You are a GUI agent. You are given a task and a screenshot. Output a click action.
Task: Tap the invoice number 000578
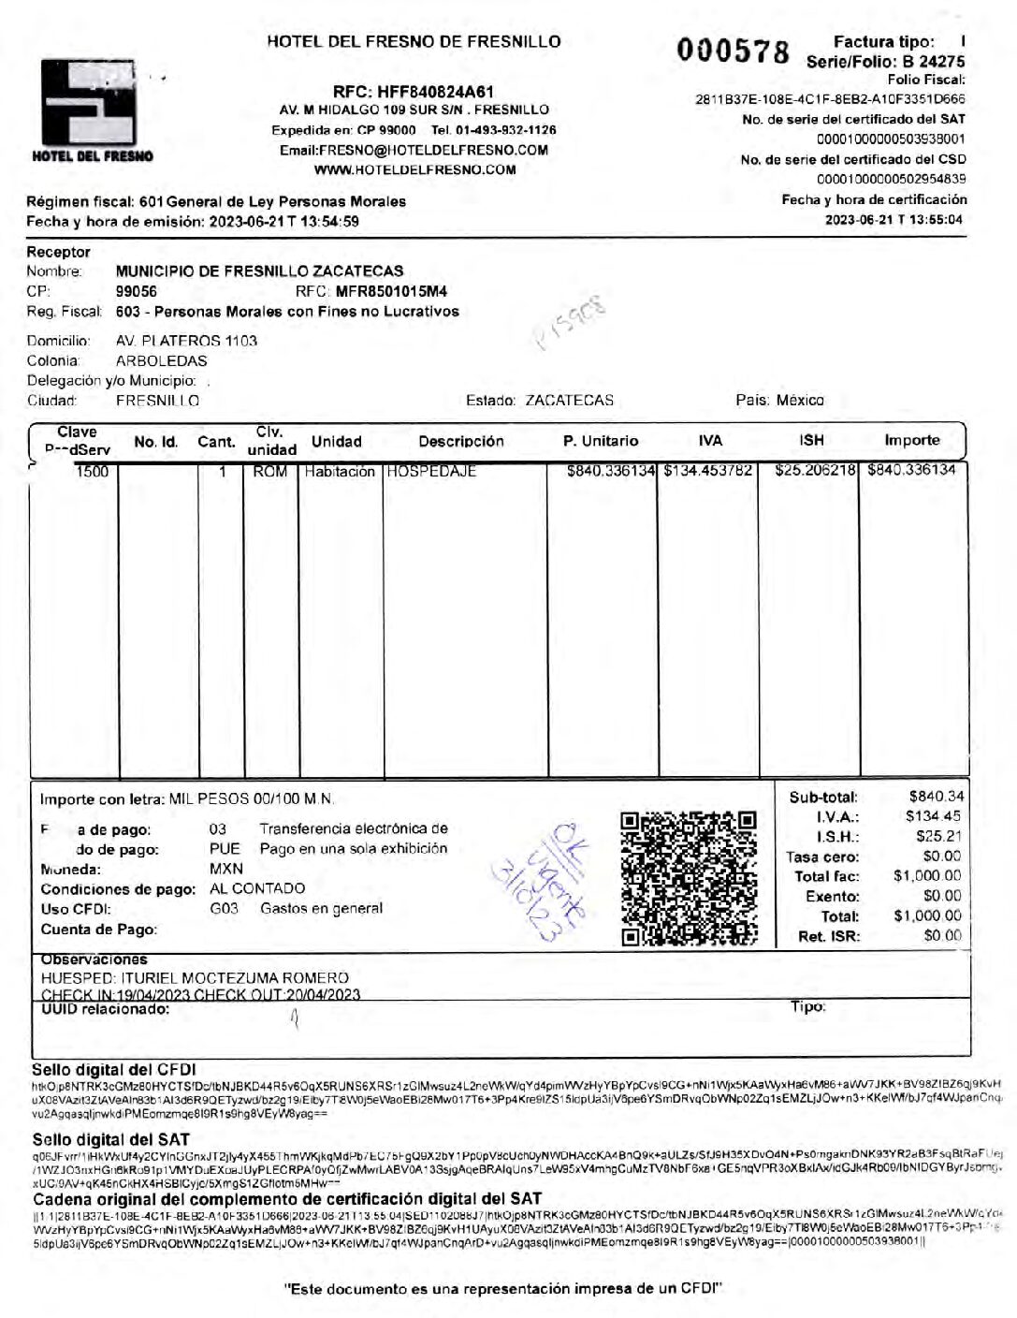(x=733, y=52)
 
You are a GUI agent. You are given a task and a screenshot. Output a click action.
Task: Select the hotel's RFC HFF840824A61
(x=413, y=92)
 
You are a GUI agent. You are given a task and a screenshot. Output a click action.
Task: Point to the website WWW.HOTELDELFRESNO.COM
(x=414, y=169)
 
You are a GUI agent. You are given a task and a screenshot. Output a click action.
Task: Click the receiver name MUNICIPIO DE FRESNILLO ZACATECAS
(x=259, y=271)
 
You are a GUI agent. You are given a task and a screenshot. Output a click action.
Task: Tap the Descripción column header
(x=460, y=441)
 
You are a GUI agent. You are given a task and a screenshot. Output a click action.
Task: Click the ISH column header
(x=811, y=440)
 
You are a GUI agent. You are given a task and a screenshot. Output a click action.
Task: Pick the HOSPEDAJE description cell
(x=431, y=472)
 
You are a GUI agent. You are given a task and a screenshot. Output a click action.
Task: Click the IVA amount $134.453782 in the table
(x=707, y=470)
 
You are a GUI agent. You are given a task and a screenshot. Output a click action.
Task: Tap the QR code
(x=689, y=878)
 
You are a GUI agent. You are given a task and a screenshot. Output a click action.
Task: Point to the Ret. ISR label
(x=828, y=936)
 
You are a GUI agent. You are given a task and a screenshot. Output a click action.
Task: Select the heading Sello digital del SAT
(x=110, y=1139)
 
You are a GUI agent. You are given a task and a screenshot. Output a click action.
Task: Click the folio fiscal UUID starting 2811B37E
(x=830, y=99)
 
